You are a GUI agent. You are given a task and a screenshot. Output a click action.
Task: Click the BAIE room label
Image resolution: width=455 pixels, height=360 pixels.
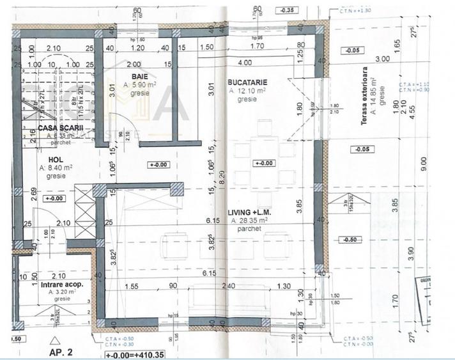pyautogui.click(x=132, y=75)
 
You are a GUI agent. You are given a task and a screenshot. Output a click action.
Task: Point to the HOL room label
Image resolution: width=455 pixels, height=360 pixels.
pyautogui.click(x=48, y=159)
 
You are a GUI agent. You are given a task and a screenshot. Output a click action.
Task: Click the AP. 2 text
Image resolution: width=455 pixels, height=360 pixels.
pyautogui.click(x=62, y=351)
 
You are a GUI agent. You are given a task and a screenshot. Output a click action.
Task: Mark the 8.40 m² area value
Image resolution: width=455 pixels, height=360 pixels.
pyautogui.click(x=63, y=168)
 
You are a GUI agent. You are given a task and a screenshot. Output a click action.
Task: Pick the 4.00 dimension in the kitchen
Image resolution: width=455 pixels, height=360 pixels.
pyautogui.click(x=243, y=63)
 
